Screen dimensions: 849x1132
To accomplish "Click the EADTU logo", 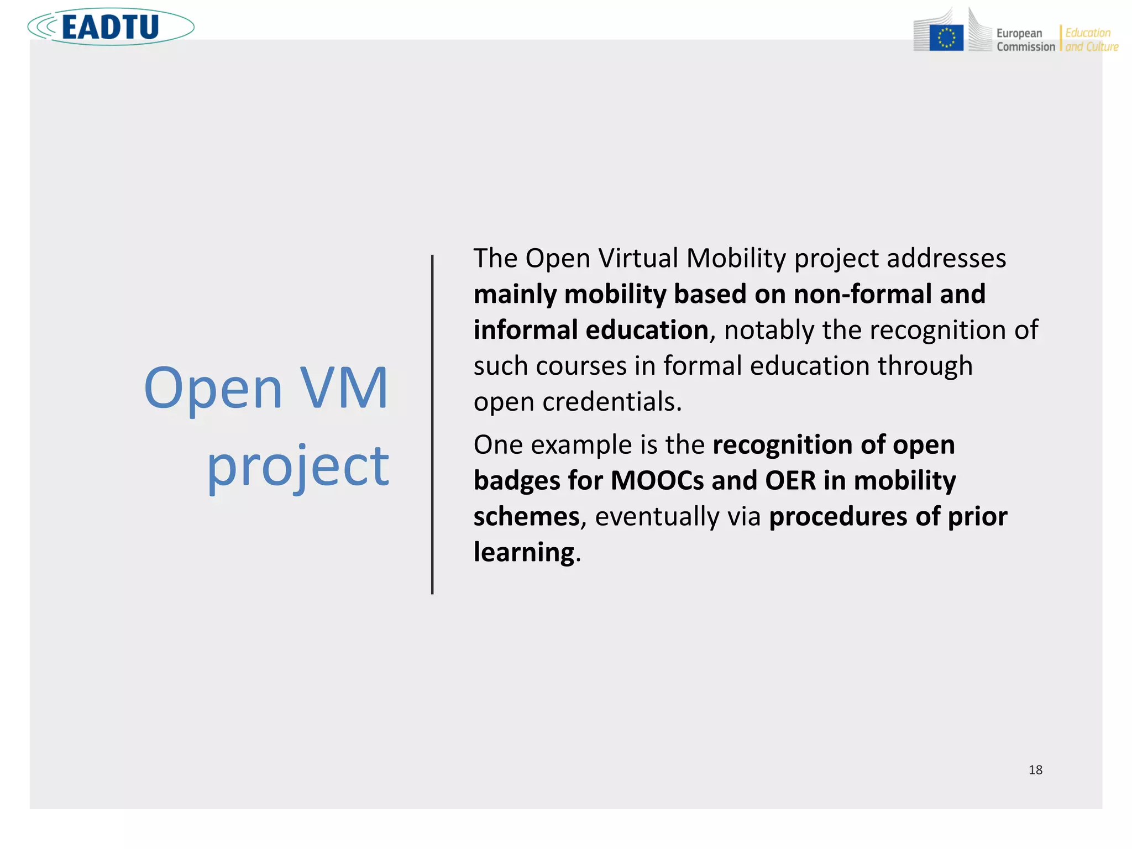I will (x=111, y=27).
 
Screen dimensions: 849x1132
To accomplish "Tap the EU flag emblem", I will (x=946, y=38).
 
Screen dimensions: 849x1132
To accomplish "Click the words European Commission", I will (x=1025, y=40).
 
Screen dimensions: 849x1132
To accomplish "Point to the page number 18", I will (x=1035, y=770).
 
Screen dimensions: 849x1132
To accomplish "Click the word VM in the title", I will (x=344, y=388).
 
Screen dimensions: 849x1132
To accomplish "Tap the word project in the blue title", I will (x=298, y=467).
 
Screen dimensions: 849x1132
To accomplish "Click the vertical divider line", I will (x=432, y=424).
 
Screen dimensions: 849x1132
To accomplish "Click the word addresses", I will (x=946, y=258).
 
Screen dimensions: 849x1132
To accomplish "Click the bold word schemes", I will (x=526, y=517).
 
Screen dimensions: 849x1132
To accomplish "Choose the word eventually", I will (x=657, y=517).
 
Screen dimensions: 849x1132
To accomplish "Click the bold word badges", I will (x=516, y=480).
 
